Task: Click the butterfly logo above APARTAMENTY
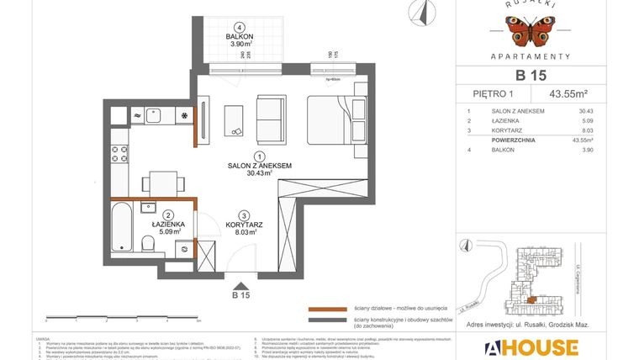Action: click(x=530, y=30)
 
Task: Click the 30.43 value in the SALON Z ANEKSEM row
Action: click(x=586, y=111)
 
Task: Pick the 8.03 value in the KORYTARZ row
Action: click(x=586, y=131)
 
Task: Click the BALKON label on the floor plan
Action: click(x=240, y=37)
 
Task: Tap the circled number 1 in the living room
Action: click(x=259, y=156)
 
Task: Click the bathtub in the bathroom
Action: click(x=123, y=226)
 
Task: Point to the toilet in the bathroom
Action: click(x=148, y=243)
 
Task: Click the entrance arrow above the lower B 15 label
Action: click(x=241, y=283)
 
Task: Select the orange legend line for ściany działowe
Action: click(x=327, y=309)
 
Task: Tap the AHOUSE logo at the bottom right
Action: click(x=530, y=347)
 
